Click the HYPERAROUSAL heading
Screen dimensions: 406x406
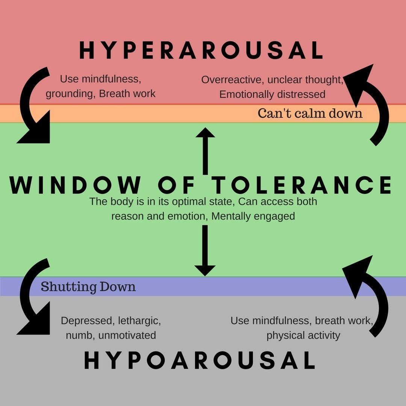201,50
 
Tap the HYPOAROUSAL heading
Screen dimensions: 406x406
200,360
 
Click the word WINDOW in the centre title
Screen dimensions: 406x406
75,185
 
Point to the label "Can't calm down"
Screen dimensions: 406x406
310,114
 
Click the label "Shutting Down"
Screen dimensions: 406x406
88,286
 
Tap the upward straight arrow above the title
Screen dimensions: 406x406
205,151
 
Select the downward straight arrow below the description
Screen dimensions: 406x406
205,250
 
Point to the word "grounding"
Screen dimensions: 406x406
69,94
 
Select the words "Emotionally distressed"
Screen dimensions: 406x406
273,94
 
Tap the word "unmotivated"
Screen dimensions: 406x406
127,335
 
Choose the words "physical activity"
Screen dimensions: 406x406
303,336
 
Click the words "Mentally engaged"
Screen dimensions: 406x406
253,216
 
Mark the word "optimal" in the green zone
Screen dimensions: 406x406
189,202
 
